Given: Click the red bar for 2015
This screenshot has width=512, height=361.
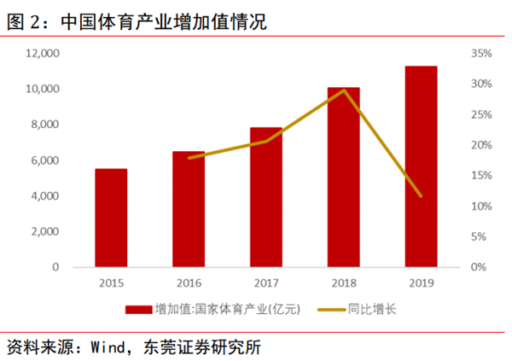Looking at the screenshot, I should click(111, 218).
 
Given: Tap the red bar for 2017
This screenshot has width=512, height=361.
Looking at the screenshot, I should click(266, 197).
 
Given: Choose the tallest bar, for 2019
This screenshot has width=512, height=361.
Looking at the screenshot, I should click(421, 166).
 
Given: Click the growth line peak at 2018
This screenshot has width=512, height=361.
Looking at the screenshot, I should click(344, 90).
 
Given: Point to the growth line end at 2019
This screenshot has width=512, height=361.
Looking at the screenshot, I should click(421, 195).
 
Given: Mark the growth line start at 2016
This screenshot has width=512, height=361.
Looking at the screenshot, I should click(189, 158).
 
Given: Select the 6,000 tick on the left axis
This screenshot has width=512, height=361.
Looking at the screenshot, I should click(44, 160).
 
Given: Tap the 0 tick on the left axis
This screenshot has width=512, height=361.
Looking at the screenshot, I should click(55, 267).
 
